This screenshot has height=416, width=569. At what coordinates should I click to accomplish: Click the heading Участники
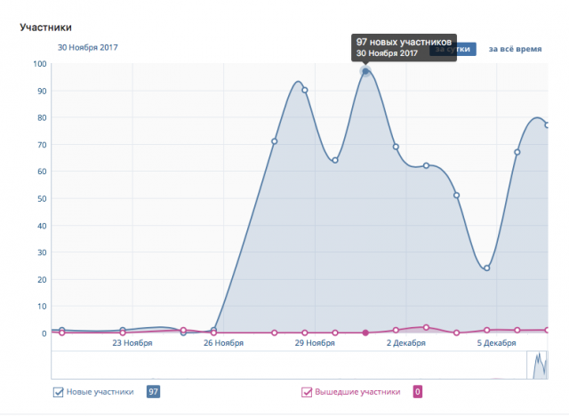(x=45, y=28)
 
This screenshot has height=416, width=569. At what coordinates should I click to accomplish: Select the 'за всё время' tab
(x=515, y=49)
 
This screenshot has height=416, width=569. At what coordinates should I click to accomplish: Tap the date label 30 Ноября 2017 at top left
(x=88, y=48)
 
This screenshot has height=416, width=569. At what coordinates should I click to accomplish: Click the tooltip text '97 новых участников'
(x=405, y=42)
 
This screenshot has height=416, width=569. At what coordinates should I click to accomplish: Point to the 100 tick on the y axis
(x=40, y=63)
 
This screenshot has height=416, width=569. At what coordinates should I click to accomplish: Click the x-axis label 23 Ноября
(x=132, y=342)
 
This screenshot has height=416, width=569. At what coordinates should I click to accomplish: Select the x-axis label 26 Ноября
(x=223, y=342)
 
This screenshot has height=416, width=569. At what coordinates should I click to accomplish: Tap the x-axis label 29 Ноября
(x=314, y=342)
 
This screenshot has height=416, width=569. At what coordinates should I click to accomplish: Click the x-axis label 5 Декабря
(x=496, y=342)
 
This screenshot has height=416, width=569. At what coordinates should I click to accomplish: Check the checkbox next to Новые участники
(x=59, y=391)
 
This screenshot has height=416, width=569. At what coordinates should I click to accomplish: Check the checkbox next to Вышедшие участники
(x=307, y=391)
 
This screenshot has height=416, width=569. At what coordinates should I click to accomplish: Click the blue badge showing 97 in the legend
(x=154, y=391)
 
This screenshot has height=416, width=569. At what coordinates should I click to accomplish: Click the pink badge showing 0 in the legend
(x=417, y=391)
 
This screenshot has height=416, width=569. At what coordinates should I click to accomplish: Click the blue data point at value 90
(x=305, y=90)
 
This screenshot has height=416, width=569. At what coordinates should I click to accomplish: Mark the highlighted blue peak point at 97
(x=365, y=71)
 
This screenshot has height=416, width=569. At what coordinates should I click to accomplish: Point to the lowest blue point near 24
(x=487, y=268)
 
